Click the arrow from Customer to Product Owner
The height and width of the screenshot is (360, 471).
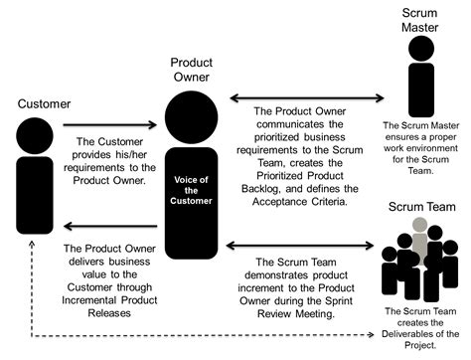tap(109, 125)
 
